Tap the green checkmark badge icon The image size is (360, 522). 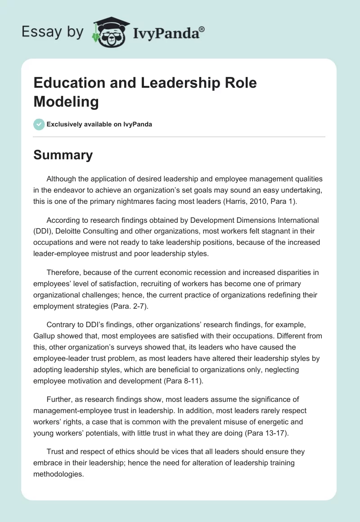(x=39, y=124)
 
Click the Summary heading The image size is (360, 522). (x=63, y=155)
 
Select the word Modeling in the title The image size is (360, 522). (x=66, y=102)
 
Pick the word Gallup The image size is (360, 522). (x=45, y=336)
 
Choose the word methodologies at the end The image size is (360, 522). (x=58, y=474)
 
